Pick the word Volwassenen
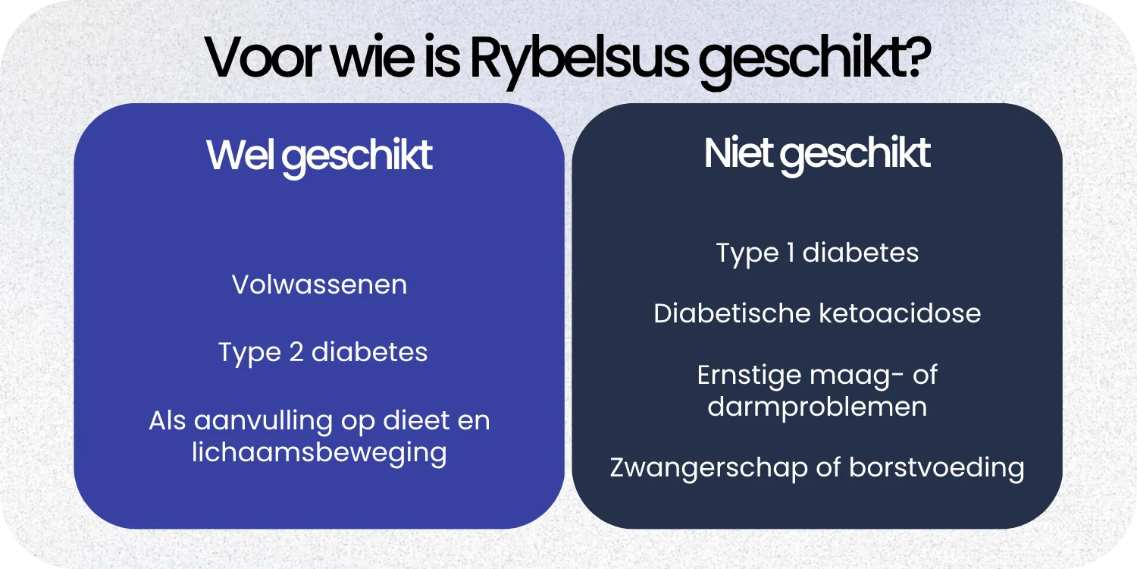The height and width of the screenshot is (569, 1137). coord(319,284)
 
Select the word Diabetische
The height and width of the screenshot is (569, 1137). coord(726,313)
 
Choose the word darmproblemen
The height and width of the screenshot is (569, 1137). coord(817,406)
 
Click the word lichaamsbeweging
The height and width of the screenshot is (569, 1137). coord(319,452)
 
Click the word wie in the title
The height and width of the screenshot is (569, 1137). coord(356,58)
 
